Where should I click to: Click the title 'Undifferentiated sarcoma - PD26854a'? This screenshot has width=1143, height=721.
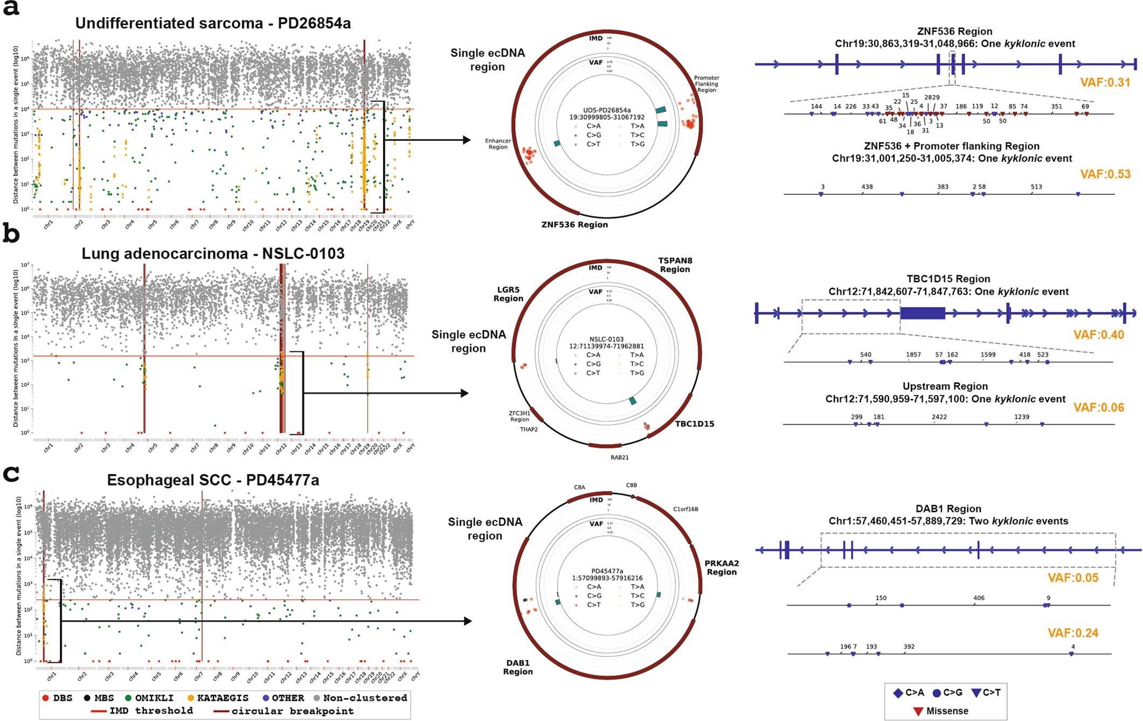tap(213, 23)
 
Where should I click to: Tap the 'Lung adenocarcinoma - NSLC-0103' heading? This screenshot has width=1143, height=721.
tap(213, 253)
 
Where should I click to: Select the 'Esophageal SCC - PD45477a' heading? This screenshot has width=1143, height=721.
tap(213, 480)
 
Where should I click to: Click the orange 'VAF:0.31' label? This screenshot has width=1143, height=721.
tap(1105, 82)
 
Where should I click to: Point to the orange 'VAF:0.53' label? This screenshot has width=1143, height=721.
tap(1105, 174)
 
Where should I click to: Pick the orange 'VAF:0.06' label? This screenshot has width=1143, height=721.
tap(1099, 407)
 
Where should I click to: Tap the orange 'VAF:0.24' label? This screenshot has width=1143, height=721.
tap(1073, 633)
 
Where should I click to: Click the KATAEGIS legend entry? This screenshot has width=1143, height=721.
tap(218, 698)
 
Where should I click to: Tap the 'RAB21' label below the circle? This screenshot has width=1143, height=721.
tap(620, 457)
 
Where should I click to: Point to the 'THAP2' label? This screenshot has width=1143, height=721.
tap(529, 429)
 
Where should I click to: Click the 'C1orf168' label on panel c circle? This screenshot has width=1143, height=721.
tap(685, 509)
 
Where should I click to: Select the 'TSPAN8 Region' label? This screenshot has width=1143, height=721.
tap(675, 265)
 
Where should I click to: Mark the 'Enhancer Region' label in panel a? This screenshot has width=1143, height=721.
tap(498, 144)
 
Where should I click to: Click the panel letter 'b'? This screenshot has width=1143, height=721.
tap(11, 234)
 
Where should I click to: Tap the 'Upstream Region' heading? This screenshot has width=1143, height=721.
tap(945, 386)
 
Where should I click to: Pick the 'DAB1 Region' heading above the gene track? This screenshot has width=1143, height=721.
tap(948, 509)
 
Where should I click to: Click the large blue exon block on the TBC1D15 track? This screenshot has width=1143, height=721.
tap(923, 313)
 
